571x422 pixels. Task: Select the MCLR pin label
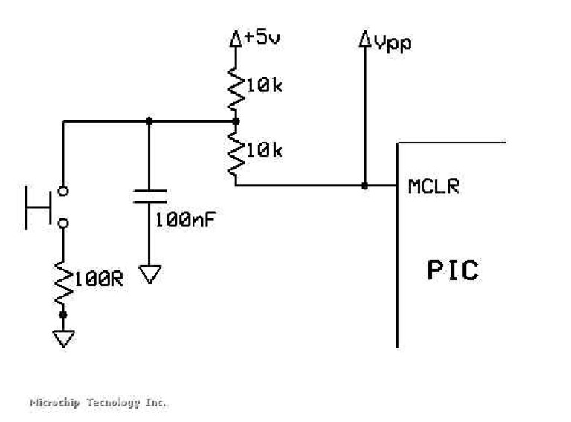433,186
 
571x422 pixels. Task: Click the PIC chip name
452,270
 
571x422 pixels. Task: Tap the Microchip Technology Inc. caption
98,403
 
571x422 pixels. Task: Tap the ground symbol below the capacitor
149,275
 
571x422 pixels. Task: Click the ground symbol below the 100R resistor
63,338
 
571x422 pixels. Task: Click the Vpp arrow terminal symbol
364,40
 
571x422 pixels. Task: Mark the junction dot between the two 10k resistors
236,120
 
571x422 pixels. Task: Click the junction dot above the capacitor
149,120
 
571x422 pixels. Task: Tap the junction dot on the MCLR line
364,186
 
